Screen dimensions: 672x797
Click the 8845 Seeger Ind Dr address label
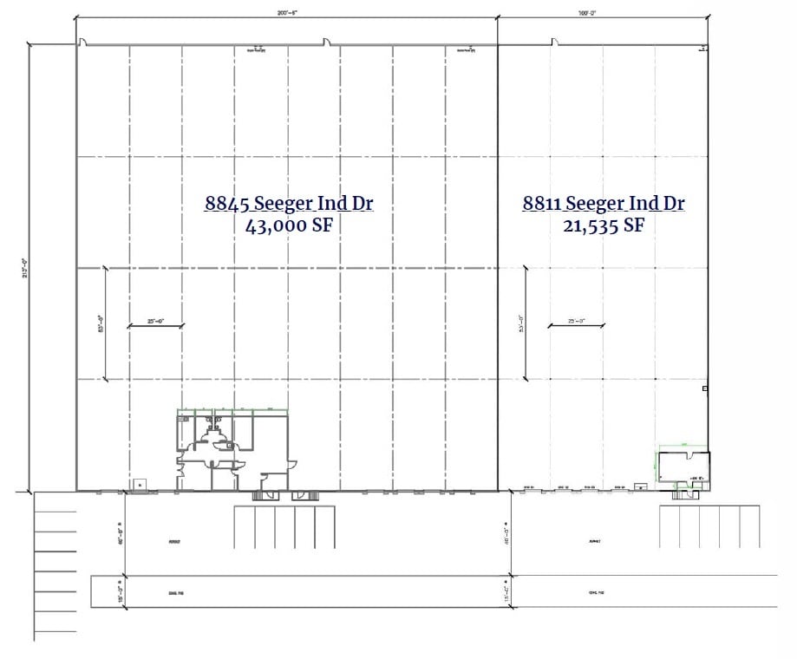point(290,204)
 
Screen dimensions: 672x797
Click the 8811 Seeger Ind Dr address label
point(603,204)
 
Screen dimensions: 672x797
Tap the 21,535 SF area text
point(603,226)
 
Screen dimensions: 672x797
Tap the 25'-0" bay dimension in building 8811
point(576,323)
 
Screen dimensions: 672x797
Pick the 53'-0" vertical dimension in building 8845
point(101,323)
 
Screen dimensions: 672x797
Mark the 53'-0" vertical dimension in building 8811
point(522,323)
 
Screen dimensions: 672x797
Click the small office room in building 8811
point(683,466)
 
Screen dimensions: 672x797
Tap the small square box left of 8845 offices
point(137,484)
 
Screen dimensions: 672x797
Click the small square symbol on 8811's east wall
point(705,388)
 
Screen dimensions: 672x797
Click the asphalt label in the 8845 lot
point(175,541)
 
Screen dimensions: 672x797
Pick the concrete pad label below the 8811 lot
point(594,593)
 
